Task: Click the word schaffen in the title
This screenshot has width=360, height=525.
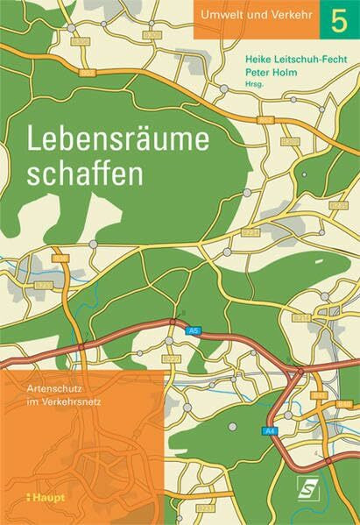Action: (x=85, y=172)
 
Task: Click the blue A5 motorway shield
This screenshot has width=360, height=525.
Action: (x=194, y=330)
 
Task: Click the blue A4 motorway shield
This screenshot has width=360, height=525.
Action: (x=270, y=430)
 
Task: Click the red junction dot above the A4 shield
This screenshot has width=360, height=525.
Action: (x=300, y=372)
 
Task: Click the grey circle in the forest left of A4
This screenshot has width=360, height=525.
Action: (x=234, y=426)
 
